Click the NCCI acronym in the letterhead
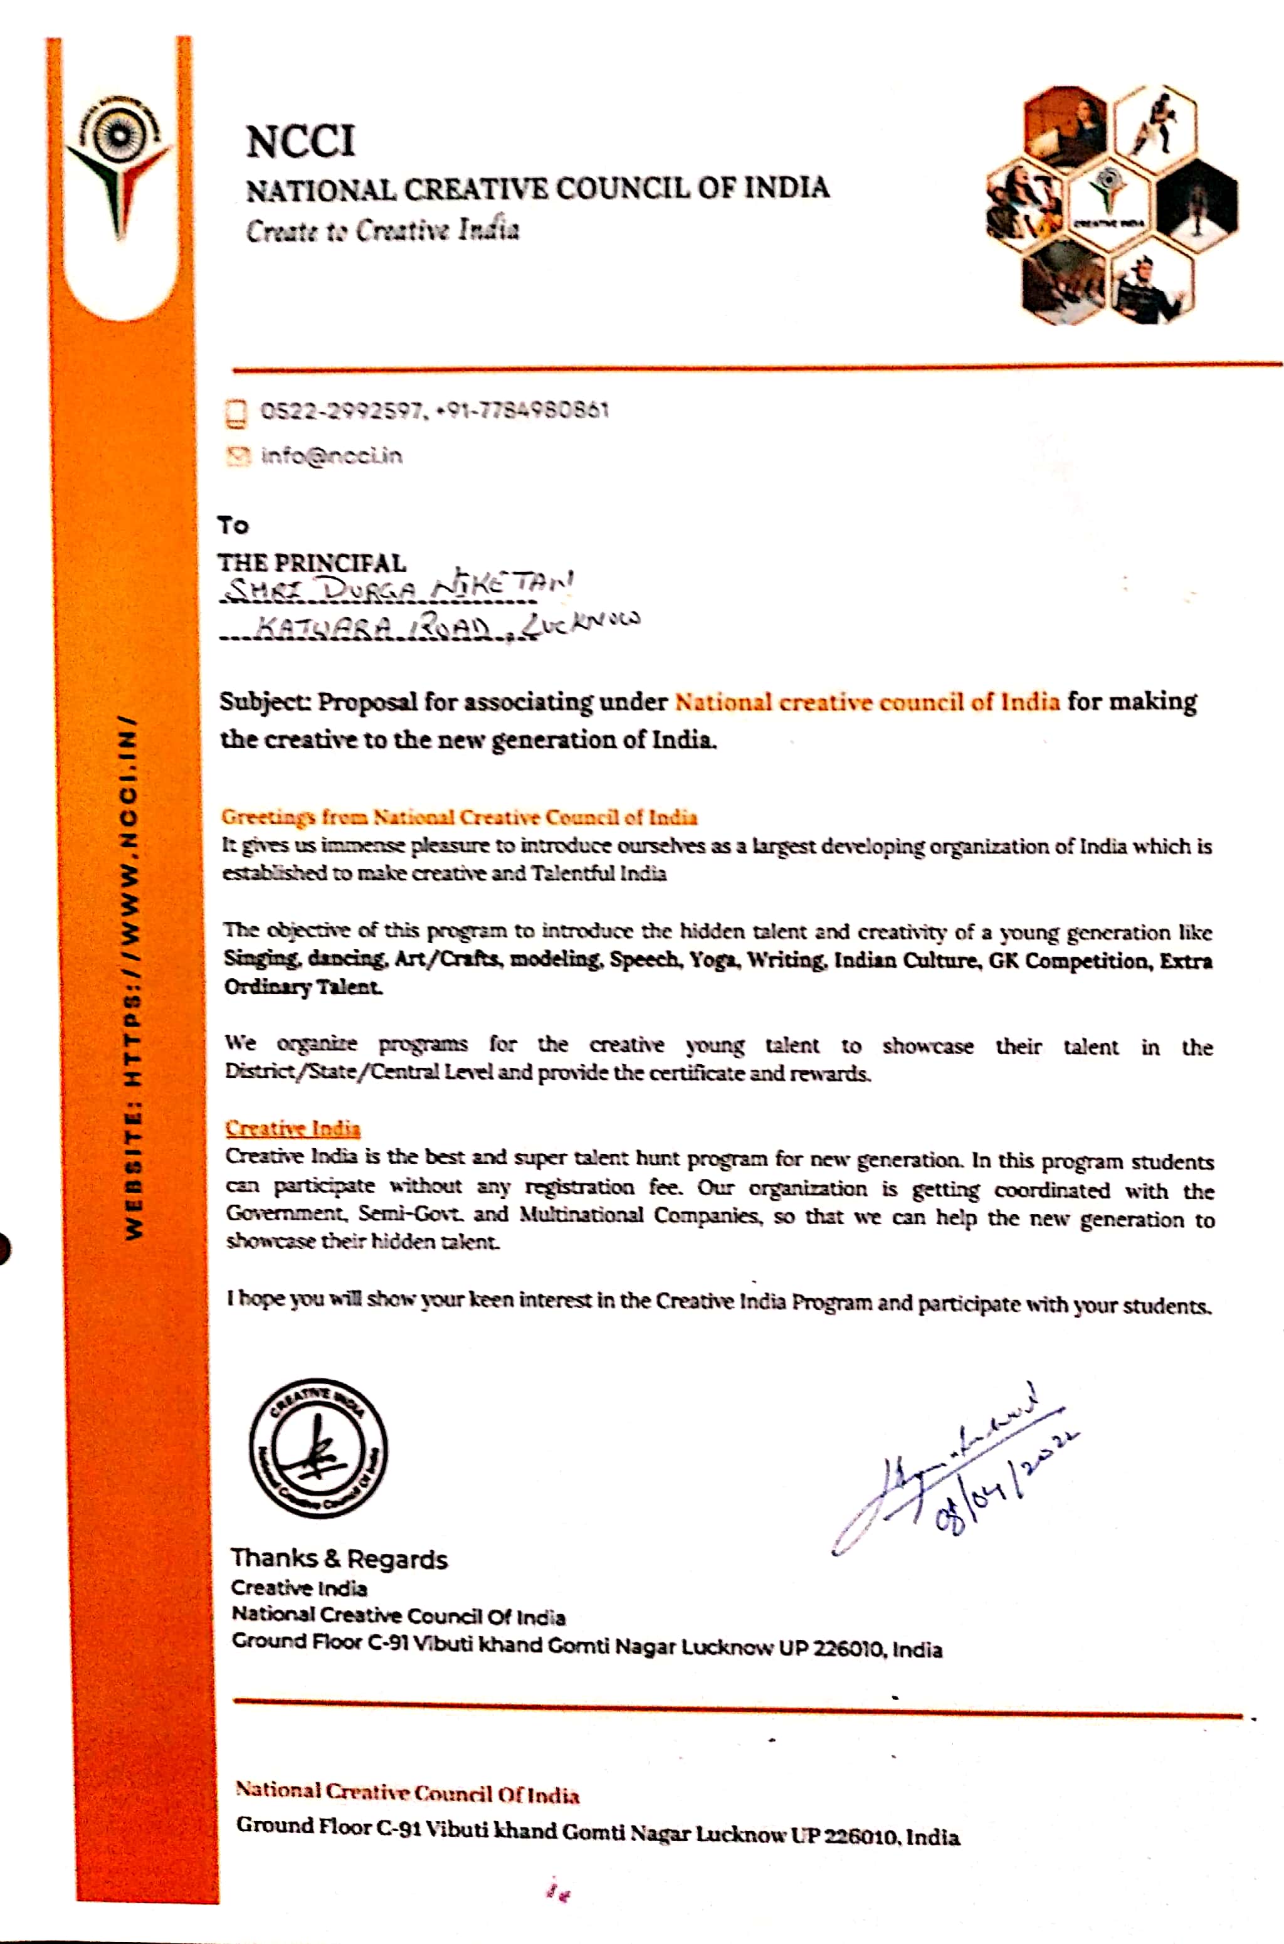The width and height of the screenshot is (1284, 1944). pos(300,142)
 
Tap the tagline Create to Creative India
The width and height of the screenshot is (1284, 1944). pos(382,230)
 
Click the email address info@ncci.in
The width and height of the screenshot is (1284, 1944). pos(332,456)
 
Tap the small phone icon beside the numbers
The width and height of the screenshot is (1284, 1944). pos(236,413)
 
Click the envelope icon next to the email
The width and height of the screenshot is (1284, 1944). pos(236,456)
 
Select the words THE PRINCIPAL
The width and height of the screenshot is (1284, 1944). pos(311,563)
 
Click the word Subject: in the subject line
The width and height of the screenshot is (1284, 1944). pos(265,702)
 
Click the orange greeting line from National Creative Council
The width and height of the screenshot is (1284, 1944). pos(460,817)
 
